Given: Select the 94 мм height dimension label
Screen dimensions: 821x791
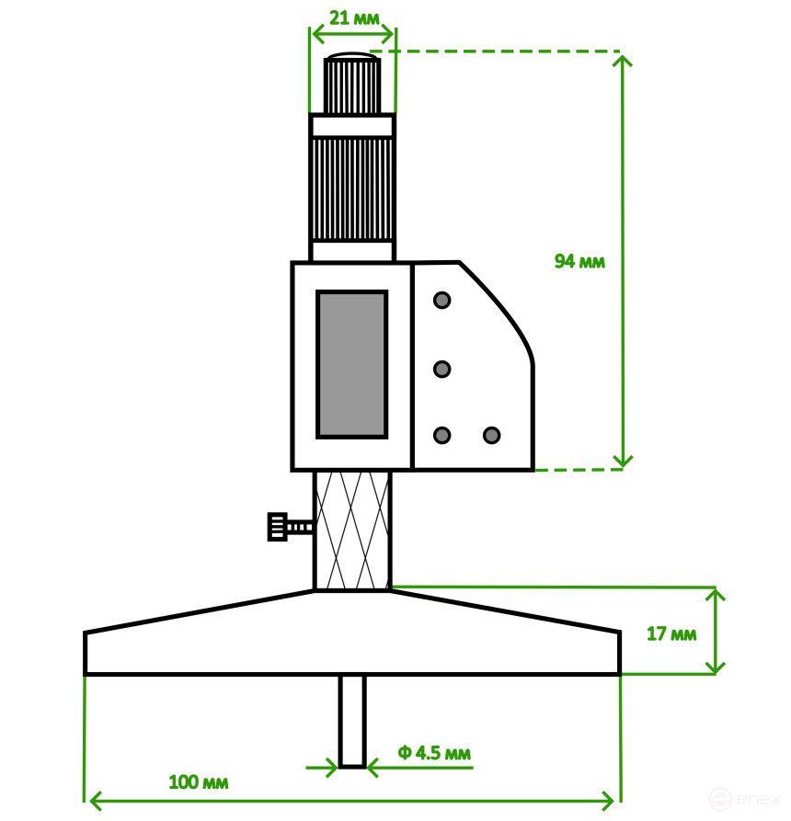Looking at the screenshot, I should [579, 261].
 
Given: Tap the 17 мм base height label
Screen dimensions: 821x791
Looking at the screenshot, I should [671, 634].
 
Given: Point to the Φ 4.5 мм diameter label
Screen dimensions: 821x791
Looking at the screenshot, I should [434, 754].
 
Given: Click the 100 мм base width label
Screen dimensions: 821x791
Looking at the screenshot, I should [198, 783].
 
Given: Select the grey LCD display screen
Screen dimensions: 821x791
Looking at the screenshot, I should [351, 364].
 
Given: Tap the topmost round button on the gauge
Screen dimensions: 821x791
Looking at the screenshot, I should [442, 301].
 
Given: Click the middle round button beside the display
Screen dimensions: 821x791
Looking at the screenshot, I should [442, 369].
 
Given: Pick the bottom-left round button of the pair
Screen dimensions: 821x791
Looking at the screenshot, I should [442, 435].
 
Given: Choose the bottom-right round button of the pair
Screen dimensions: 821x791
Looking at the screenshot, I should [491, 435].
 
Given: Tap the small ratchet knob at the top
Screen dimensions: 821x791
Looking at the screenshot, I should [351, 85].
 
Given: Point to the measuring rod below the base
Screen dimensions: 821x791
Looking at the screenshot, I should [351, 721].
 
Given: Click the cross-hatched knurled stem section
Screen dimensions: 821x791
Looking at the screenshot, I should [352, 530].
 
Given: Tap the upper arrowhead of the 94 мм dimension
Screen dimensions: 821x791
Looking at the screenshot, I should [623, 61].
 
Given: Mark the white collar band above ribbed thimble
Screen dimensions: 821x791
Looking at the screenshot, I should [351, 126].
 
